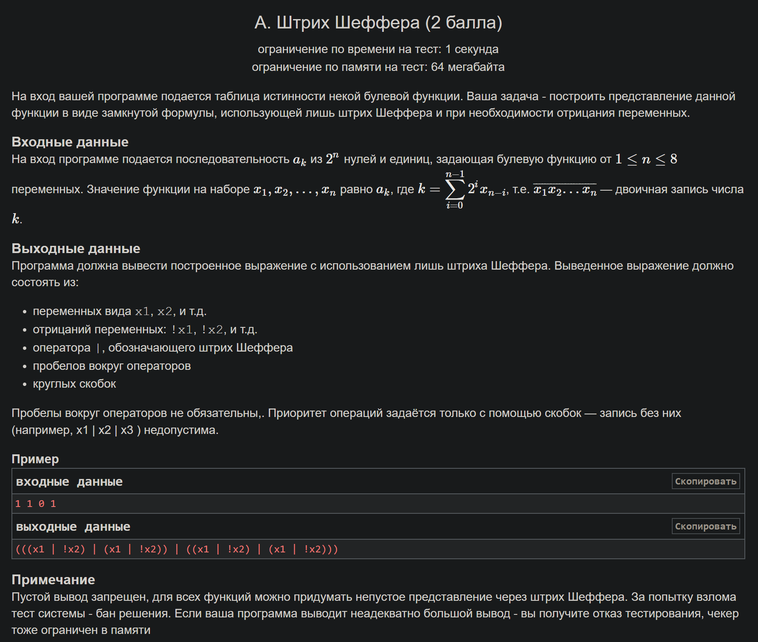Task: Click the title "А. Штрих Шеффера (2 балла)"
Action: point(378,23)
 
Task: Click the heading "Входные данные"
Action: point(70,142)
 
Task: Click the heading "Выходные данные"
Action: point(76,248)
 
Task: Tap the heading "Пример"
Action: point(35,459)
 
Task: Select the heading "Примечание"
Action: point(53,580)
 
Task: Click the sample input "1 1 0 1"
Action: point(36,504)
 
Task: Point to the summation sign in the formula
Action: point(455,189)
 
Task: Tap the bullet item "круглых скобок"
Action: point(74,384)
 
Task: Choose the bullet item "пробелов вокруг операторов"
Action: point(112,366)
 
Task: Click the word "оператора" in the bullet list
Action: point(62,348)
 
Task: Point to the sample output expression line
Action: point(177,549)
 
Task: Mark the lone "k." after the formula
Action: point(17,219)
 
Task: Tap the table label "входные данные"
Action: point(69,481)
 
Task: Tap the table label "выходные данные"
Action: point(73,527)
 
